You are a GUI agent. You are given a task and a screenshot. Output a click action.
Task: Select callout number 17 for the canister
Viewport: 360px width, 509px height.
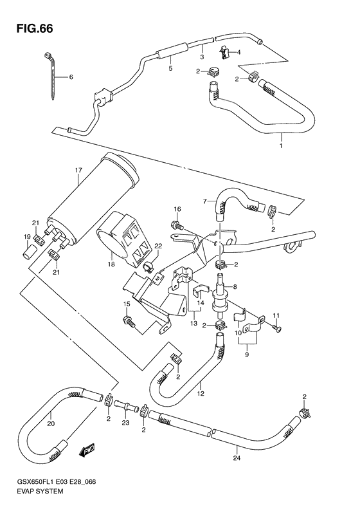click(x=78, y=171)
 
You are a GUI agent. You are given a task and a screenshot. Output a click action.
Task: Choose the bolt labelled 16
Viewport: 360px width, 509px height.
click(x=175, y=225)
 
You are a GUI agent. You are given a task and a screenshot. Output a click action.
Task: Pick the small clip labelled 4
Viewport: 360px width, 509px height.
click(x=224, y=52)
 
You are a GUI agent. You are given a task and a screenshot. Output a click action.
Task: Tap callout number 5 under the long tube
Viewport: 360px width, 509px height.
click(x=170, y=68)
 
